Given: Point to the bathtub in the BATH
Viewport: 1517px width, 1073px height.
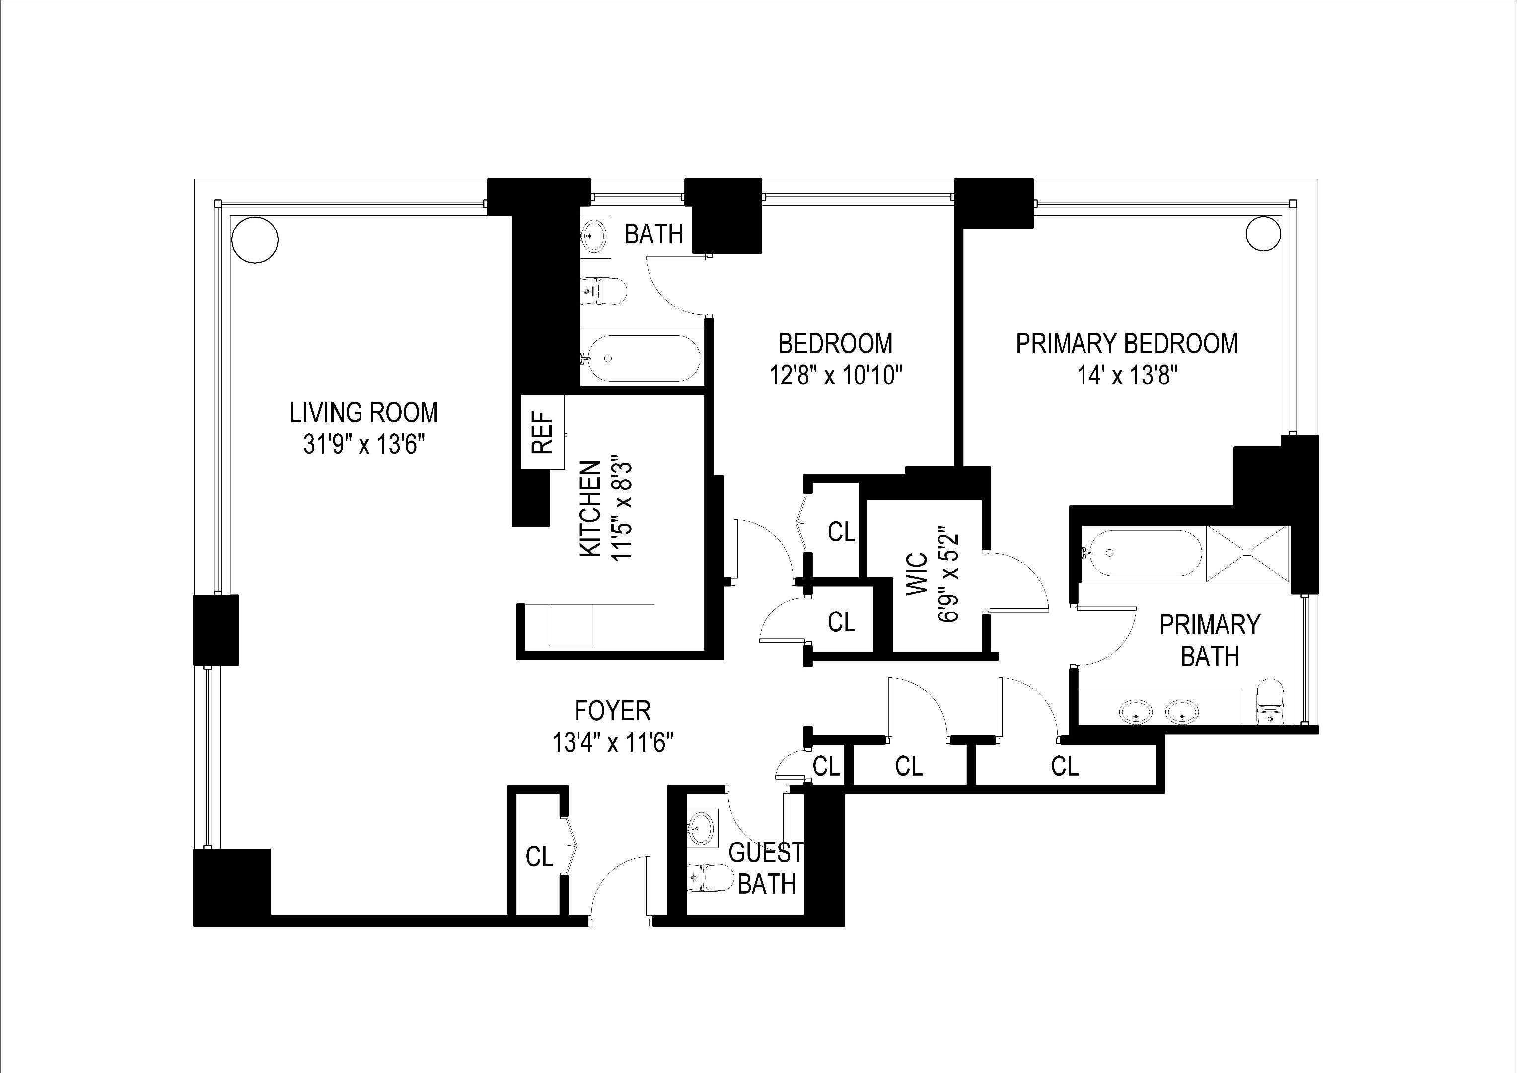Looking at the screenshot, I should [640, 358].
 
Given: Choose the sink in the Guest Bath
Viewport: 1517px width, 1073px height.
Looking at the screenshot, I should [701, 827].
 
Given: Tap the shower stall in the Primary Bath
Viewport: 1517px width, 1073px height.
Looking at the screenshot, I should [1247, 553].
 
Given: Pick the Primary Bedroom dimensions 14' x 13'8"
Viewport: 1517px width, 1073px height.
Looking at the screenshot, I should [1128, 376].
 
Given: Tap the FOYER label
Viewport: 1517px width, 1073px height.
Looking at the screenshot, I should [612, 711].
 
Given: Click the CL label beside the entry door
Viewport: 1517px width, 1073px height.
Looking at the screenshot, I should [539, 857].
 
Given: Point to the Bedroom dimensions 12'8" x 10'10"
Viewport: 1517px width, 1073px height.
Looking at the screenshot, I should [835, 376].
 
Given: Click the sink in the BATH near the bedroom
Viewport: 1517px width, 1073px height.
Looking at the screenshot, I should [597, 234].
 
